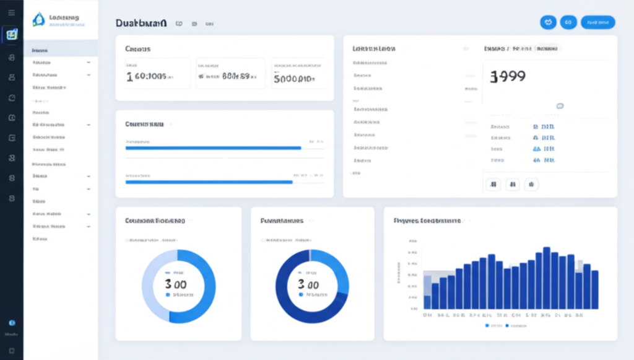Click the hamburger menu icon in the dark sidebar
pyautogui.click(x=11, y=12)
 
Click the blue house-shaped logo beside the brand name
pyautogui.click(x=38, y=20)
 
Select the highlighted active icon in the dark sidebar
pyautogui.click(x=11, y=35)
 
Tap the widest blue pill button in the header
pyautogui.click(x=597, y=22)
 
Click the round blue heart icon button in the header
pyautogui.click(x=548, y=22)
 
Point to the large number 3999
pyautogui.click(x=508, y=76)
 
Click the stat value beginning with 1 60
pyautogui.click(x=149, y=77)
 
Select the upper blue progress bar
pyautogui.click(x=213, y=148)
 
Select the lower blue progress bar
pyautogui.click(x=209, y=182)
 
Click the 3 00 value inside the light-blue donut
pyautogui.click(x=176, y=284)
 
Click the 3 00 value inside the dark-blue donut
pyautogui.click(x=309, y=284)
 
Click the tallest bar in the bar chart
pyautogui.click(x=547, y=278)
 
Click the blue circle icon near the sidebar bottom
pyautogui.click(x=11, y=323)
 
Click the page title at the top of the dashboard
pyautogui.click(x=141, y=23)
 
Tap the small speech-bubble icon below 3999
pyautogui.click(x=560, y=106)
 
